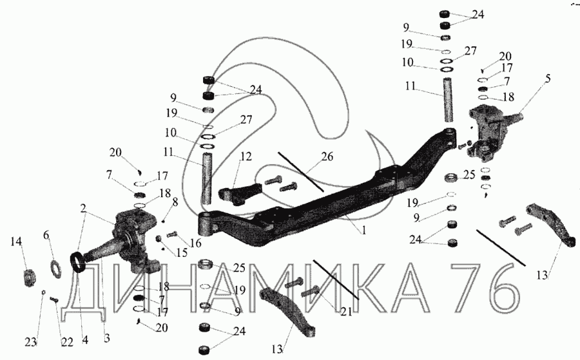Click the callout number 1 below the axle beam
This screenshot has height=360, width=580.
coord(364,231)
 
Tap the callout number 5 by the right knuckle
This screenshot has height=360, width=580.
coord(548,79)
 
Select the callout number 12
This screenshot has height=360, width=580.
coord(246,156)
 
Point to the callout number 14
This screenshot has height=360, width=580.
coord(16,242)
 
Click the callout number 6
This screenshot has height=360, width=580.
coord(46,235)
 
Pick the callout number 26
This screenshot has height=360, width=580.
coord(327,156)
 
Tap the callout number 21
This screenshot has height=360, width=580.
coord(346,312)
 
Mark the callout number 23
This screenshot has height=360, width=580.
coord(31,342)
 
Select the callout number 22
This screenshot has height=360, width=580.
coord(67,342)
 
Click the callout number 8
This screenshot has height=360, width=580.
coord(175,202)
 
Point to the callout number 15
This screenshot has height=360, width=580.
coord(182,252)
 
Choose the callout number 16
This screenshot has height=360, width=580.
coord(195,243)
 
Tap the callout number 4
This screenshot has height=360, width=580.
coord(84,339)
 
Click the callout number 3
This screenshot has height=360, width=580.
coord(106,338)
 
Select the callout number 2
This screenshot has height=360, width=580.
coord(84,209)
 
